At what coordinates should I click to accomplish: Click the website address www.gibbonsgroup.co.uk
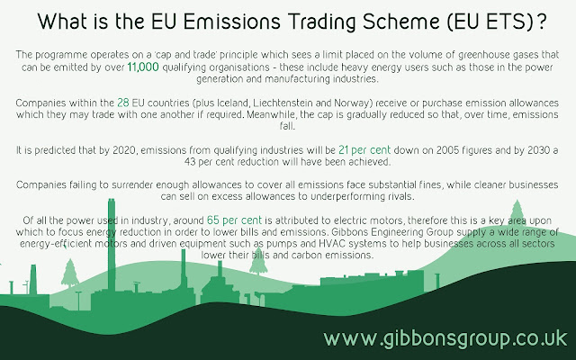click(445, 339)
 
